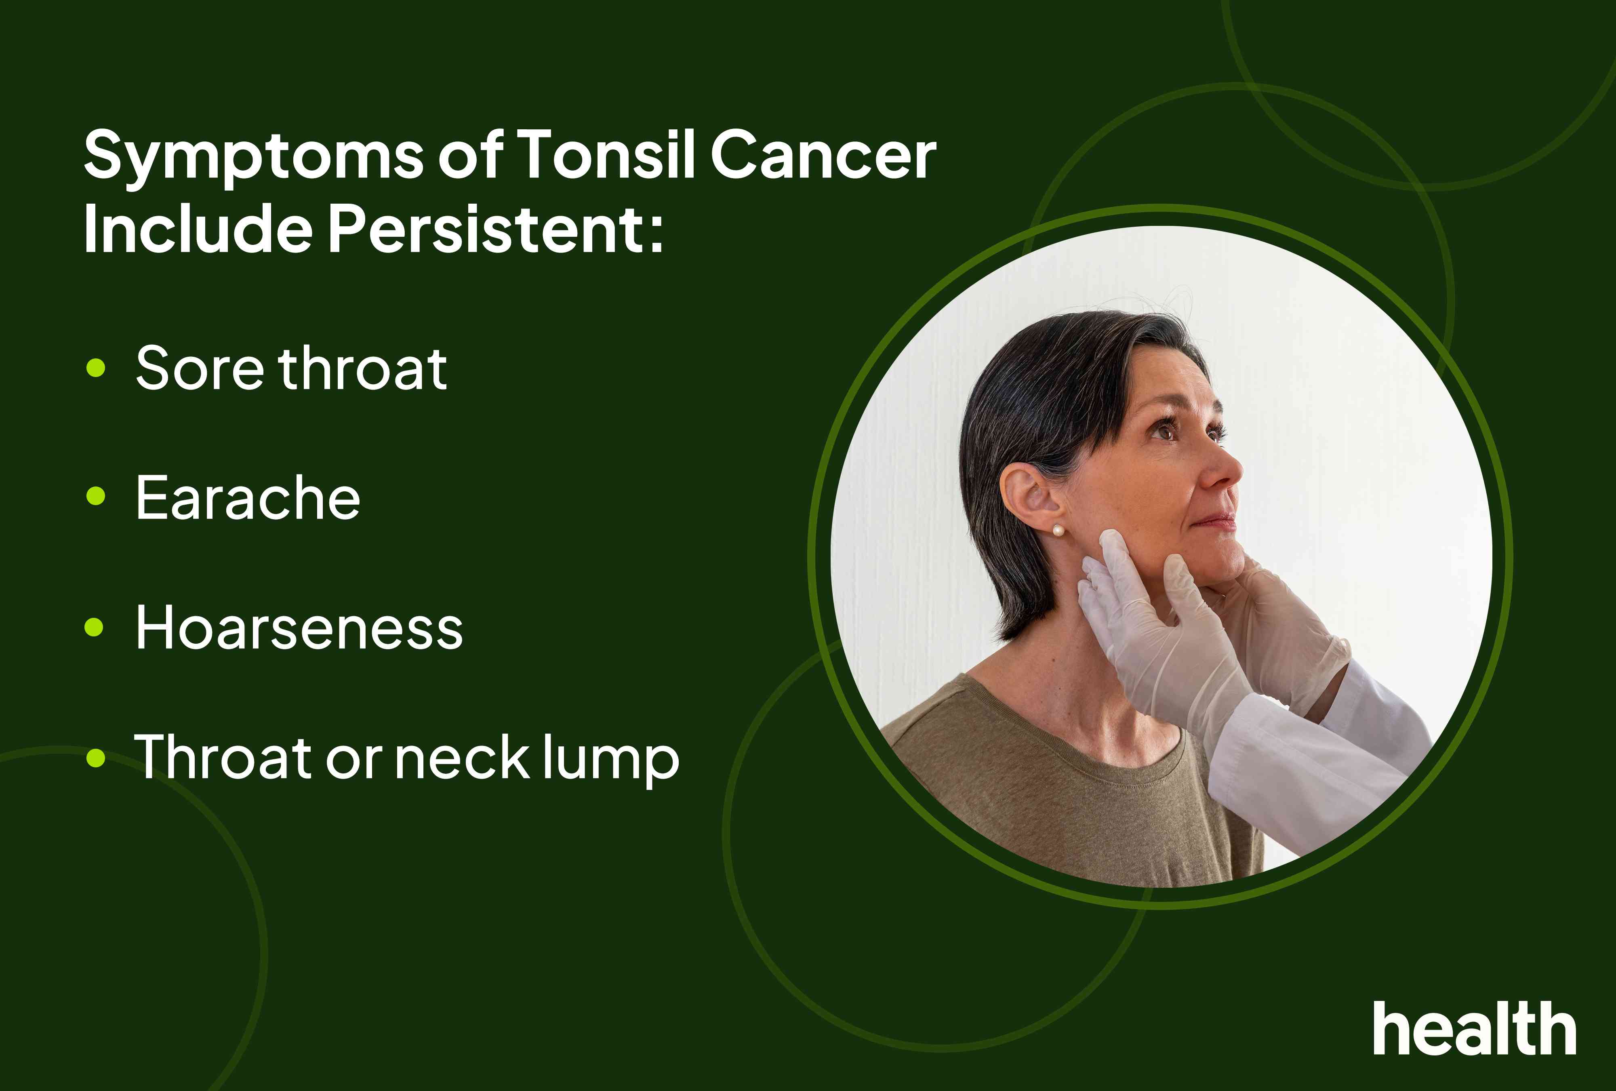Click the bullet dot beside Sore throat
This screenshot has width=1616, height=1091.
[95, 367]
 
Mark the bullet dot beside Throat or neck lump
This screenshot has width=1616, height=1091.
[95, 758]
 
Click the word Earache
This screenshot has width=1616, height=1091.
[248, 498]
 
